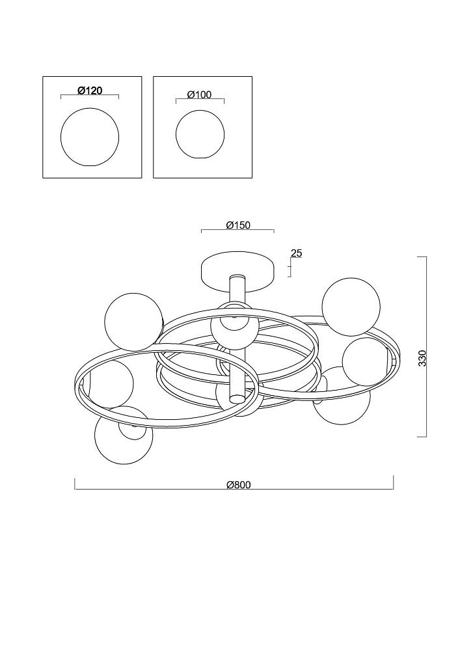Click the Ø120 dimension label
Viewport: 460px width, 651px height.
pos(90,90)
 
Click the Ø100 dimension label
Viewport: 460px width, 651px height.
pos(200,94)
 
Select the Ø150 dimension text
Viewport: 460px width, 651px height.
pos(239,225)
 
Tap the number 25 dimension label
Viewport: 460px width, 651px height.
pos(297,253)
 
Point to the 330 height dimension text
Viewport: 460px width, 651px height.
pos(422,358)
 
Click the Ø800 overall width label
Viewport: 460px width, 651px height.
pos(239,484)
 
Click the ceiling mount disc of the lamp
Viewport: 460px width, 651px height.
pos(237,271)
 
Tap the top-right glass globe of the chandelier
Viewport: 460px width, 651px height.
pos(351,307)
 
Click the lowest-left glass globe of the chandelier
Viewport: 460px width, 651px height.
pos(123,435)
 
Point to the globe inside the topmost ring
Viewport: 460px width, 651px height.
pos(234,328)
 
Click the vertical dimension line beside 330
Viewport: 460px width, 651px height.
pos(426,347)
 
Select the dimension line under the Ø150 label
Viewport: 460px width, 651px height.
pos(237,230)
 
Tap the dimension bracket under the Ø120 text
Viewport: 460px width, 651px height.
pos(90,96)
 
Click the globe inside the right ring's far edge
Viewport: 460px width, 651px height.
pos(367,361)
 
